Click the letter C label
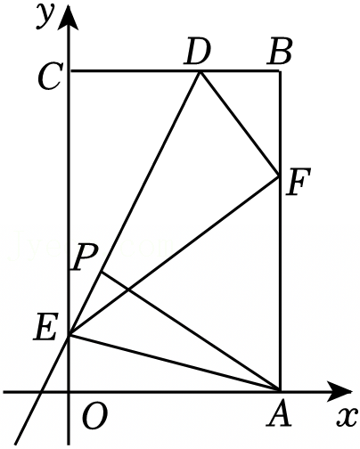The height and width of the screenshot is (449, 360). (51, 78)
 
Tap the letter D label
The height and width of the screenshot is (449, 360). (197, 53)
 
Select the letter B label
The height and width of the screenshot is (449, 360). (279, 53)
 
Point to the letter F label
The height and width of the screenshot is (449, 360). (298, 182)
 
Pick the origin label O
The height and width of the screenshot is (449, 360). (94, 417)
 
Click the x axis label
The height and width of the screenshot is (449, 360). (346, 418)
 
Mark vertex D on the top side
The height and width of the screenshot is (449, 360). (200, 71)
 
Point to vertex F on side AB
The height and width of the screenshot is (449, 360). (280, 176)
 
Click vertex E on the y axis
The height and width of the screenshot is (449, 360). (70, 335)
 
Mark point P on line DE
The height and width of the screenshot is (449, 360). (102, 272)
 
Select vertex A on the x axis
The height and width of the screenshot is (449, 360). (280, 391)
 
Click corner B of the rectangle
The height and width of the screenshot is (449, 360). (280, 71)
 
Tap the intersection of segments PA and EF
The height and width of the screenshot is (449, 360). (128, 290)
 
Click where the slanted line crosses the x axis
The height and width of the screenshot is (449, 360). (41, 392)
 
